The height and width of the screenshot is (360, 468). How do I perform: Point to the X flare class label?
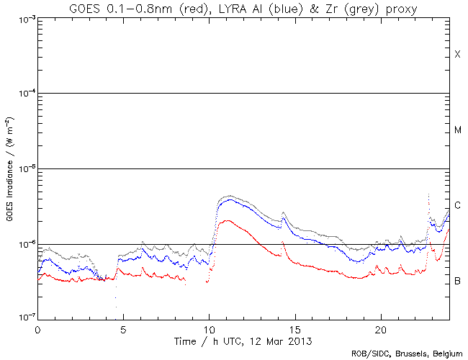coord(457,55)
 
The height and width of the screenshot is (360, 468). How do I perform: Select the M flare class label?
coord(457,130)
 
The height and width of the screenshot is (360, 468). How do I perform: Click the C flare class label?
coord(457,205)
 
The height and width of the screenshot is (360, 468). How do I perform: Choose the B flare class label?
coord(457,280)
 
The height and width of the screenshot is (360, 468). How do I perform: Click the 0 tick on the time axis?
coord(37,328)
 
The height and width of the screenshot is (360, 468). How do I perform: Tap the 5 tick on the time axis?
coord(123,328)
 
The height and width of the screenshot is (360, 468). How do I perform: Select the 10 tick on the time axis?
coord(209,328)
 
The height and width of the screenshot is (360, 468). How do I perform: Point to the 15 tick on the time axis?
coord(294,328)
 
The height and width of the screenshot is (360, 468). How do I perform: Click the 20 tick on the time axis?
coord(380,328)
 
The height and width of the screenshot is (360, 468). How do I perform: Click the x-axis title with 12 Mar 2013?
coord(243,339)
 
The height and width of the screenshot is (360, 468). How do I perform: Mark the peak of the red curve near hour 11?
coord(227,220)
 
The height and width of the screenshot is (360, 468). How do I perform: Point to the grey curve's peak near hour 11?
coord(229,195)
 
